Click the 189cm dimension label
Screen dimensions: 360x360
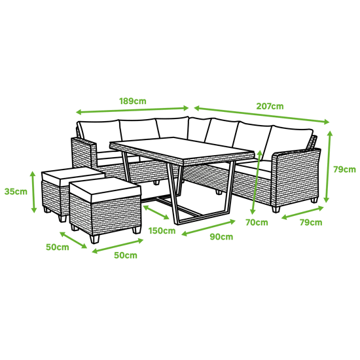tap(133, 101)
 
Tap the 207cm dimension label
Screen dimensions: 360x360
tap(270, 106)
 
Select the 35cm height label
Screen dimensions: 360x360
tap(16, 192)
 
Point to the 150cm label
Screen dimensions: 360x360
tap(162, 230)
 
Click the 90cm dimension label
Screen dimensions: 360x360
tap(221, 237)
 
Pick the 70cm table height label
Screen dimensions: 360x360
tap(257, 223)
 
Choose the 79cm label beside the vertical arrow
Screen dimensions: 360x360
tap(344, 170)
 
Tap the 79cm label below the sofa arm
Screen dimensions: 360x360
tap(311, 223)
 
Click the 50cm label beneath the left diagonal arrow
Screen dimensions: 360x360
tap(58, 247)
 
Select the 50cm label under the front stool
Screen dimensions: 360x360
tap(126, 255)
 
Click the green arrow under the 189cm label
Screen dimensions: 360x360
tap(132, 110)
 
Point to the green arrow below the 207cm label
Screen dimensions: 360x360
tap(262, 115)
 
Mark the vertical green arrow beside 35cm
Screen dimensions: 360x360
tap(33, 192)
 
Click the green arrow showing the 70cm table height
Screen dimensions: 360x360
tap(256, 183)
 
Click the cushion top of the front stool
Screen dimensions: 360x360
tap(105, 190)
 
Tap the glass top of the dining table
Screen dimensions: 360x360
tap(181, 149)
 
